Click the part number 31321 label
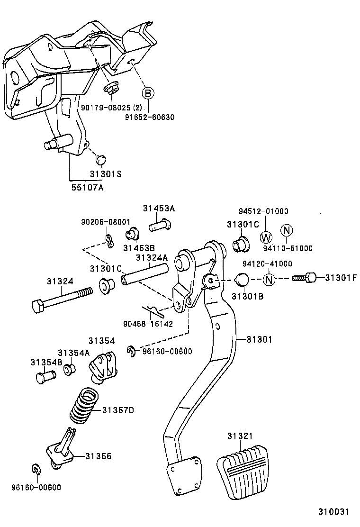tap(240, 436)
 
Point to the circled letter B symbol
tap(148, 93)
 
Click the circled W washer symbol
tap(266, 237)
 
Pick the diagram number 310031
tap(333, 512)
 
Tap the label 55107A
tap(87, 188)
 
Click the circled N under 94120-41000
tap(269, 279)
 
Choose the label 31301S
tap(106, 174)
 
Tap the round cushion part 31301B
tap(243, 280)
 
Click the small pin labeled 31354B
tap(45, 376)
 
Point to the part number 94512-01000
tap(263, 211)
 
